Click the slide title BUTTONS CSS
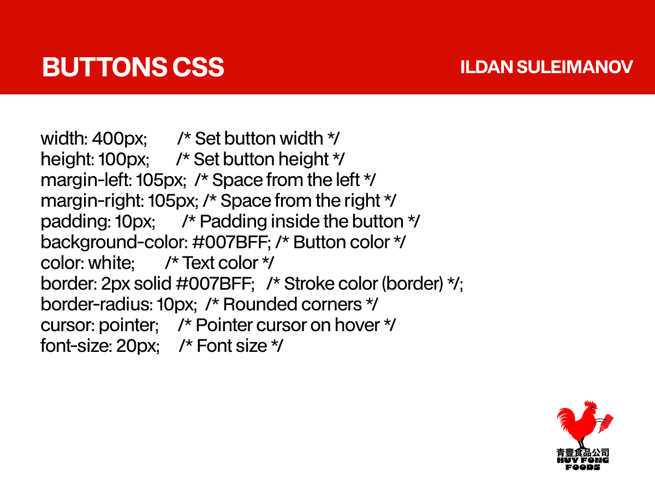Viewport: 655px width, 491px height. (x=133, y=67)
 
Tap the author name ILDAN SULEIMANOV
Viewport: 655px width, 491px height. (x=546, y=67)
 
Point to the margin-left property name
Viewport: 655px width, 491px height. (x=86, y=180)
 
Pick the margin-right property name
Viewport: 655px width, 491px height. (x=92, y=201)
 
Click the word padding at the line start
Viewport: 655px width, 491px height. (x=75, y=222)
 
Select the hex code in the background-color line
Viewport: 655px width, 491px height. (x=231, y=242)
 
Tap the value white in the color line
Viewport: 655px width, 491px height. (x=111, y=263)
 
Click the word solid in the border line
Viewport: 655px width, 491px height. (x=152, y=284)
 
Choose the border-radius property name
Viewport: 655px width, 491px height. (x=97, y=304)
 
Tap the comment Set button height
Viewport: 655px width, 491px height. (x=261, y=159)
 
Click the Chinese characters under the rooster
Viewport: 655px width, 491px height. (x=583, y=452)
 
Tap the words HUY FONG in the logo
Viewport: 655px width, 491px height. (x=583, y=460)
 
